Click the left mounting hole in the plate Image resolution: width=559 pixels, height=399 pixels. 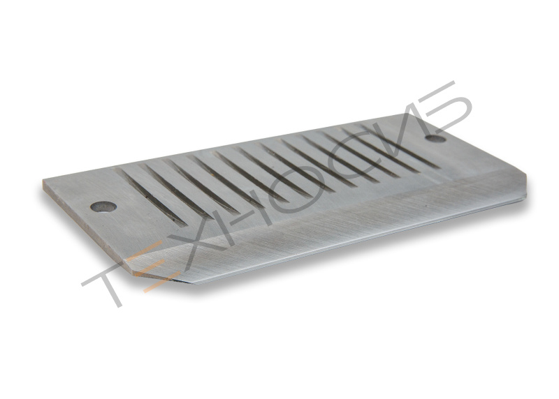103,206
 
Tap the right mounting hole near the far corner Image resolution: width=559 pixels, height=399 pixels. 436,138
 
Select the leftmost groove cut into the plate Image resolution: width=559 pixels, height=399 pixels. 152,197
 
